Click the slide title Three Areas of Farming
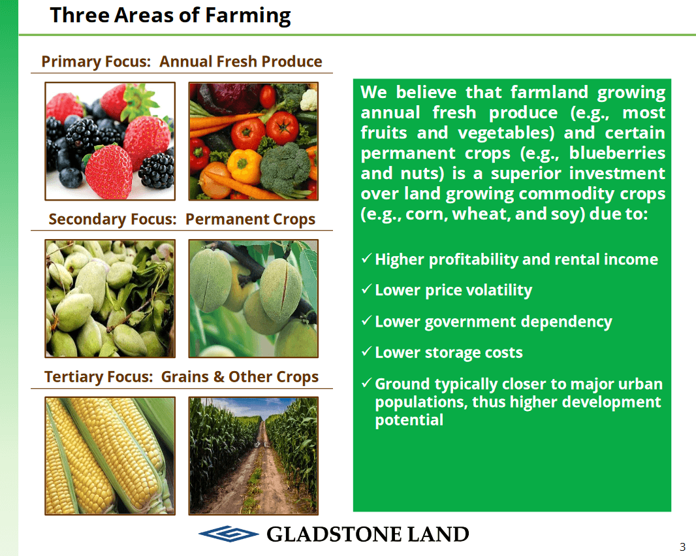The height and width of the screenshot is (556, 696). (170, 16)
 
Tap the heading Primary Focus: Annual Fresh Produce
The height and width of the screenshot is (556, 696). (182, 61)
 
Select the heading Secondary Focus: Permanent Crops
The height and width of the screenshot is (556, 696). (182, 220)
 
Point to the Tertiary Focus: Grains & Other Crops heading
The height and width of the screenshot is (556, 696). (182, 377)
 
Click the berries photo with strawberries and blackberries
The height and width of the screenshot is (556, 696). (110, 141)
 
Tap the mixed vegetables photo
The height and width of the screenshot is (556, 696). (253, 141)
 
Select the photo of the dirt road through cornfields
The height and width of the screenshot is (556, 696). (253, 456)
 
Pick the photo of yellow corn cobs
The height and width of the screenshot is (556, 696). (110, 456)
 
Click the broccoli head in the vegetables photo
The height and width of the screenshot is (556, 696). (285, 169)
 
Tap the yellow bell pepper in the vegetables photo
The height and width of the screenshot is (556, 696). (244, 166)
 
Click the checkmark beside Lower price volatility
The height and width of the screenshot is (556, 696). (366, 289)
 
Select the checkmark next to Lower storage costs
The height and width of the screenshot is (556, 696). (366, 352)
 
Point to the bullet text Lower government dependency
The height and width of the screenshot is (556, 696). (494, 322)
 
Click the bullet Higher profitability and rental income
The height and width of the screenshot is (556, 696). (516, 260)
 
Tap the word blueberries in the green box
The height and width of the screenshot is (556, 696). (617, 153)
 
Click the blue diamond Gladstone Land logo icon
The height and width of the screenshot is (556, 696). (229, 534)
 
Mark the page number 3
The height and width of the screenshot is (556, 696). (683, 547)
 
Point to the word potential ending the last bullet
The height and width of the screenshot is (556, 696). (409, 421)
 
